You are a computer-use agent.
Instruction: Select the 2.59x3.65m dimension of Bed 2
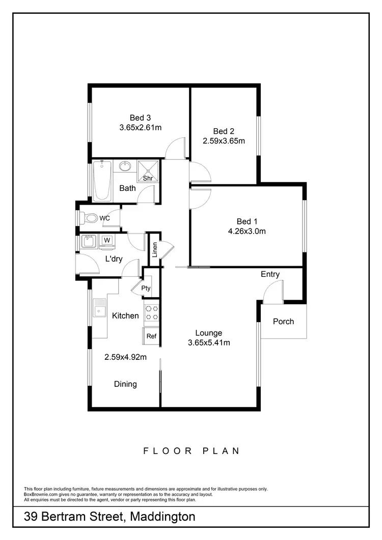pos(225,141)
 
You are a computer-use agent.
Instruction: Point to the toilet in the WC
pos(90,218)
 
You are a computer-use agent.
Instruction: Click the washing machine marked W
pos(107,240)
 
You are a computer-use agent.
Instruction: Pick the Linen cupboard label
pos(155,249)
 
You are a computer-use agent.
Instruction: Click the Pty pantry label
pos(146,288)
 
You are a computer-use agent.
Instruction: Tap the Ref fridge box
pos(151,336)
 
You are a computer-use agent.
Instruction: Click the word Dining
pos(125,384)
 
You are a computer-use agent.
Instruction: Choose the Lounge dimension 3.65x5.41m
pos(209,343)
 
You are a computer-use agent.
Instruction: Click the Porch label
pos(283,321)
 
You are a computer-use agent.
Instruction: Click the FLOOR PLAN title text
pos(192,450)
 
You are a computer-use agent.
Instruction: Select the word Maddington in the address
pos(163,517)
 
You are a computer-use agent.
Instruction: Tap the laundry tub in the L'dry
pos(89,240)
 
